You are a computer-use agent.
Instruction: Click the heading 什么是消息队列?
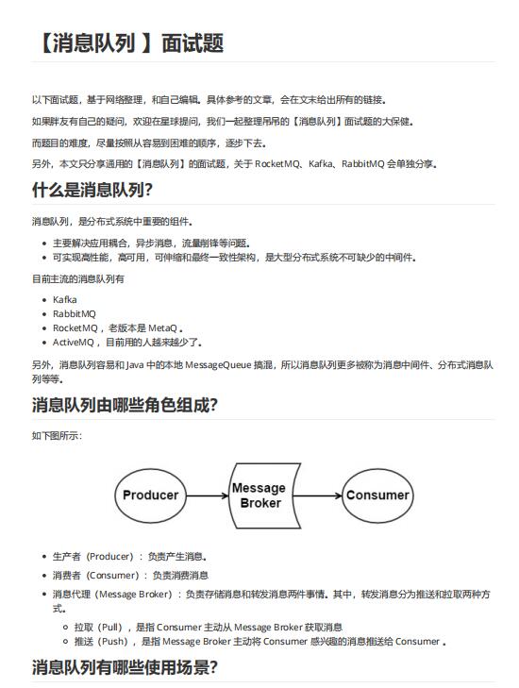click(x=92, y=189)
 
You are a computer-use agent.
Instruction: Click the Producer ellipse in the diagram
click(x=151, y=495)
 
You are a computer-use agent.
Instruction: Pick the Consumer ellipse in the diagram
click(x=377, y=495)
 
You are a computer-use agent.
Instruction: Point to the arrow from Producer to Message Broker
click(x=206, y=495)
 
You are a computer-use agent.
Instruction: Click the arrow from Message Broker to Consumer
click(x=319, y=495)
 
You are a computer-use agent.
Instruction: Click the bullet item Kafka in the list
click(x=65, y=300)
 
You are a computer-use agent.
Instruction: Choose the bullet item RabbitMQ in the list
click(x=75, y=314)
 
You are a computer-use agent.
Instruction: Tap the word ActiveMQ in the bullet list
click(x=75, y=343)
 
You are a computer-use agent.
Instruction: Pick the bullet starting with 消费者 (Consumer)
click(x=130, y=575)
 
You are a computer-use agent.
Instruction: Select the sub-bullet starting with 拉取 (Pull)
click(x=208, y=627)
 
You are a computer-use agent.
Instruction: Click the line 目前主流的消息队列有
click(x=77, y=279)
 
